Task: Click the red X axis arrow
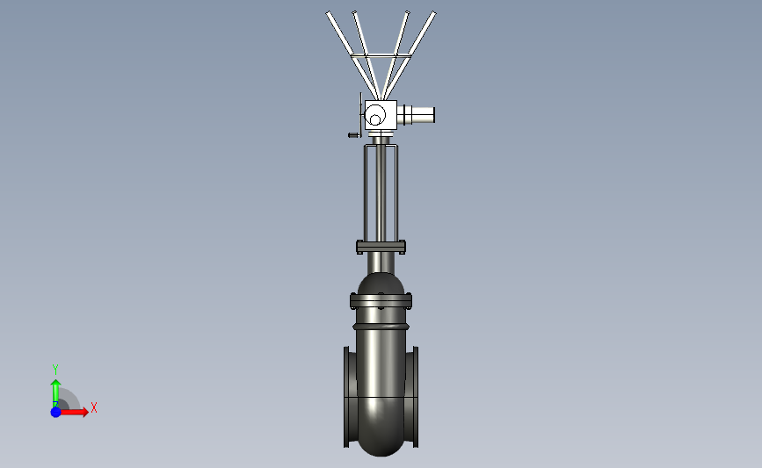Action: pyautogui.click(x=73, y=412)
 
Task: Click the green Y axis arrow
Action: pyautogui.click(x=56, y=392)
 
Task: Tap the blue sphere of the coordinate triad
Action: pyautogui.click(x=56, y=412)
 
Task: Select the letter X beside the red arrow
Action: pyautogui.click(x=94, y=407)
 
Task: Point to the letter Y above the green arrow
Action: pyautogui.click(x=55, y=370)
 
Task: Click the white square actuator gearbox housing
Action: pyautogui.click(x=381, y=115)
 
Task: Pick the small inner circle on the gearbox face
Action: pyautogui.click(x=375, y=119)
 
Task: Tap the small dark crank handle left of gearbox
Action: pyautogui.click(x=354, y=135)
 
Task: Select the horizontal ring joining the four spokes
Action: pyautogui.click(x=381, y=56)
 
